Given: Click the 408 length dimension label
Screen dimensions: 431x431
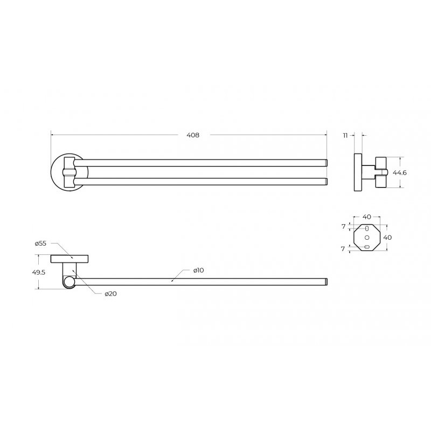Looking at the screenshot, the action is [x=193, y=135].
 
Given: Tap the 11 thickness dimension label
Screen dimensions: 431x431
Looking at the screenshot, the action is [x=345, y=135].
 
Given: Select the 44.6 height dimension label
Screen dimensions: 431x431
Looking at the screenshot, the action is [x=399, y=172].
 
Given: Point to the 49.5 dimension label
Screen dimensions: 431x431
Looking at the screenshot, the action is [x=39, y=273].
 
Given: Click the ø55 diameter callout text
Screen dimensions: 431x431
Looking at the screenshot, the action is [x=41, y=244].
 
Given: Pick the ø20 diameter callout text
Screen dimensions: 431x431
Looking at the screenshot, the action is [x=110, y=294].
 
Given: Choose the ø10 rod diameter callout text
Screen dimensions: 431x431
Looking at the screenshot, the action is [x=198, y=270].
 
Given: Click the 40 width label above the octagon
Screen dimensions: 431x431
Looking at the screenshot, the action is [x=367, y=217].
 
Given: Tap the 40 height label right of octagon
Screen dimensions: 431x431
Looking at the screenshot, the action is [x=387, y=237].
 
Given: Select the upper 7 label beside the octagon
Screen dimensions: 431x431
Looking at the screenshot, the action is [x=343, y=227].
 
